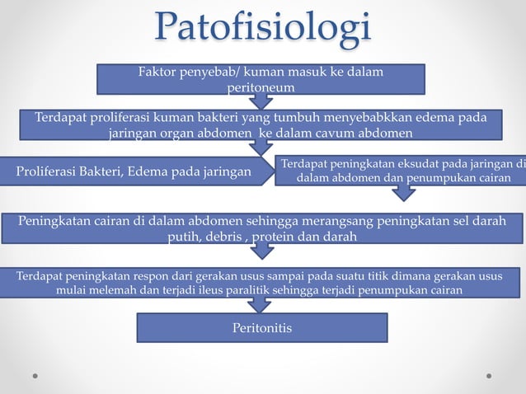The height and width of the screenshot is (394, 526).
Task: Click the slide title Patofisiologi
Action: [x=262, y=30]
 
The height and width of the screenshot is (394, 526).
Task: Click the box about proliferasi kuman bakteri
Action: [x=260, y=125]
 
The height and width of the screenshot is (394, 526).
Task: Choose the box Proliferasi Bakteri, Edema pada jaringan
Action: [x=136, y=171]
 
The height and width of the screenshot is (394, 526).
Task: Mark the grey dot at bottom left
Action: [x=35, y=375]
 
